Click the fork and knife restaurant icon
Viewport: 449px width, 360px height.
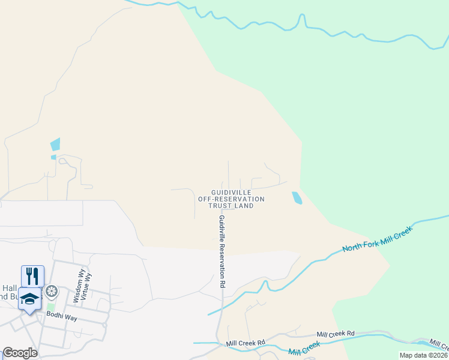tap(32, 276)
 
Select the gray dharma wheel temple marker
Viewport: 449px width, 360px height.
tap(52, 292)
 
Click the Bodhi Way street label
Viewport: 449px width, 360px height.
tap(62, 317)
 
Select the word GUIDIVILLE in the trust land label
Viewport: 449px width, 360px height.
tap(231, 192)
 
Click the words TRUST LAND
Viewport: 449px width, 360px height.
tap(231, 206)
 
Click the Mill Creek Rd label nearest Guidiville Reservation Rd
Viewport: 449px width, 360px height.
tap(246, 343)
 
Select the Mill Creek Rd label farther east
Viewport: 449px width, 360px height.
tap(336, 333)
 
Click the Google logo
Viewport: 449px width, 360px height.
tap(20, 353)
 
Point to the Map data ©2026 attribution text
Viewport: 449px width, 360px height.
tap(423, 355)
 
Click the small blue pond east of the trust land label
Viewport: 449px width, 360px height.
tap(297, 198)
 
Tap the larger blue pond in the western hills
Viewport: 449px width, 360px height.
tap(55, 144)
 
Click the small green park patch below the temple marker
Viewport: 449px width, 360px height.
tap(51, 307)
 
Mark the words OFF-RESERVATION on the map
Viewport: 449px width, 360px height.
tap(231, 199)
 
